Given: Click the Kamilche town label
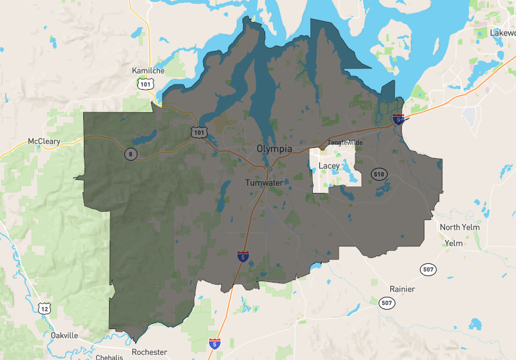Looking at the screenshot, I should pos(148,70).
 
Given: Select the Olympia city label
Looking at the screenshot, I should pos(274,148).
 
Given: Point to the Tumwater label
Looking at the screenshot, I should pos(264,183).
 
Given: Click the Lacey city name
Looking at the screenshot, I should pos(329,166).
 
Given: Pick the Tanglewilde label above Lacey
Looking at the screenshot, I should pos(345,142).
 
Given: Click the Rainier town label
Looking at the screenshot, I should pos(402,288).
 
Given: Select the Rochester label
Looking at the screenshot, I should pos(149,352).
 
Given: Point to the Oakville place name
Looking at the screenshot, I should pos(64,335).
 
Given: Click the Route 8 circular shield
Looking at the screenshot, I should pos(131,154).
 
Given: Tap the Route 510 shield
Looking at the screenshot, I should pos(379,174).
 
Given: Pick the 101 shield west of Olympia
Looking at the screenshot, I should pos(199,132).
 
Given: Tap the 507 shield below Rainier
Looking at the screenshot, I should pos(386,302).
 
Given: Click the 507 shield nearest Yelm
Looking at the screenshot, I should pos(428,268).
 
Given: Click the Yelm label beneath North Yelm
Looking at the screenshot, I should pos(454,243).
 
